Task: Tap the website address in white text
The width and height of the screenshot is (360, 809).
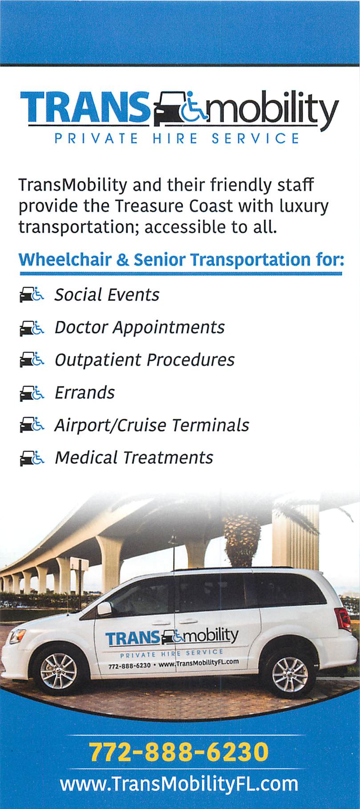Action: pyautogui.click(x=179, y=784)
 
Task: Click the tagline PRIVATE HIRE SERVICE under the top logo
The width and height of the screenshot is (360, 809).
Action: pyautogui.click(x=177, y=138)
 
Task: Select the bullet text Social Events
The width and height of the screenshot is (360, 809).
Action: pyautogui.click(x=107, y=295)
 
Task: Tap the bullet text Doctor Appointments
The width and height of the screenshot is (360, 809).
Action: pyautogui.click(x=139, y=328)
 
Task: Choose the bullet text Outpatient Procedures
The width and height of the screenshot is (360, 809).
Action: pyautogui.click(x=144, y=360)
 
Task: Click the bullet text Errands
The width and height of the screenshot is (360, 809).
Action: pyautogui.click(x=85, y=392)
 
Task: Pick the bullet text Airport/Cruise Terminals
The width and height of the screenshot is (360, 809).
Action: pyautogui.click(x=152, y=425)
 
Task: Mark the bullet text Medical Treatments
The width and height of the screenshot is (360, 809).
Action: pyautogui.click(x=134, y=457)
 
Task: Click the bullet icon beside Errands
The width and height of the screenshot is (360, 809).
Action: pyautogui.click(x=32, y=393)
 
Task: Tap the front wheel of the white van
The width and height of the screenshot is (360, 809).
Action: pyautogui.click(x=58, y=671)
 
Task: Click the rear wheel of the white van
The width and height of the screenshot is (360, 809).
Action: pyautogui.click(x=290, y=673)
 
